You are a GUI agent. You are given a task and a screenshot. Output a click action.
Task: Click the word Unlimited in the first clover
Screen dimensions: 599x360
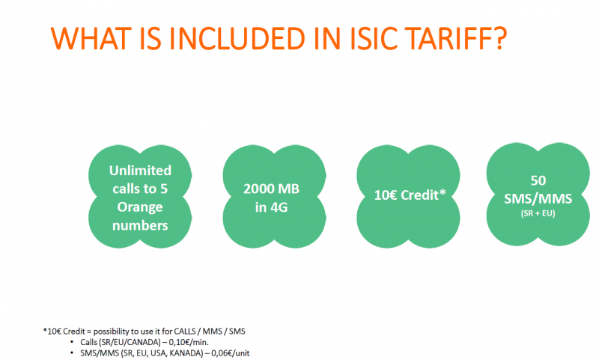point(140,170)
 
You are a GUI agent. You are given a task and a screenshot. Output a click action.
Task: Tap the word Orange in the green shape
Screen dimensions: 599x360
point(140,207)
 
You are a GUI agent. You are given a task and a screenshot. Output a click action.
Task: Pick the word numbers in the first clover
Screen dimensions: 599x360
point(140,225)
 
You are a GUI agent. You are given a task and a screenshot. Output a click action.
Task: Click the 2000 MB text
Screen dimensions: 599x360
point(271,189)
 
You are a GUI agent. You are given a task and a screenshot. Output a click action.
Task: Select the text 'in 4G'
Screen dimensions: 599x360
point(271,207)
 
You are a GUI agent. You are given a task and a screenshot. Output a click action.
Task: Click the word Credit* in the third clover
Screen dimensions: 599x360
point(423,195)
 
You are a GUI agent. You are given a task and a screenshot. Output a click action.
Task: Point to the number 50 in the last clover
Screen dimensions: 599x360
point(538,180)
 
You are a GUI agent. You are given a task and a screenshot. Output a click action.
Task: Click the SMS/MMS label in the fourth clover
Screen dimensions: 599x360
point(538,198)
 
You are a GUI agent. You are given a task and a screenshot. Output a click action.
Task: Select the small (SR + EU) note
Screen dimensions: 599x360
point(538,213)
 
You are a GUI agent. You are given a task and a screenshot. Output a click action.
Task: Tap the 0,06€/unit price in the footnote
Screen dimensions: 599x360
point(232,353)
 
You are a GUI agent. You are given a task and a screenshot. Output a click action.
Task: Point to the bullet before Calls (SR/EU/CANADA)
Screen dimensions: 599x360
point(72,342)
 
